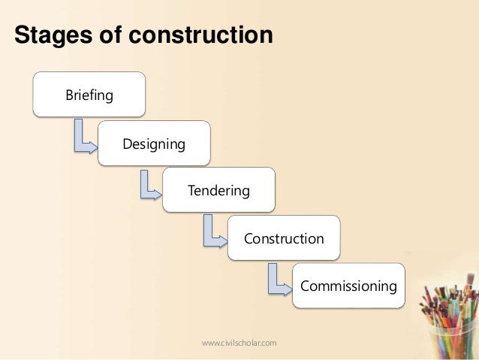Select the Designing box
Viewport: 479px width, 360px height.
tap(154, 143)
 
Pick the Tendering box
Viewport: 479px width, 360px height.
tap(218, 190)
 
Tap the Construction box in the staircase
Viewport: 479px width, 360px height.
tap(284, 238)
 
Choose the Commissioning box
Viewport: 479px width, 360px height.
tap(348, 286)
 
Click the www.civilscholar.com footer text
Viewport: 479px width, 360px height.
tap(239, 343)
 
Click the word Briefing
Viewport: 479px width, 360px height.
tap(89, 95)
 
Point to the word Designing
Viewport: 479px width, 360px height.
tap(154, 144)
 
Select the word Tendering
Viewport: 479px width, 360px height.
tap(218, 191)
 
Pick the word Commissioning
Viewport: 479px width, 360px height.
tap(348, 286)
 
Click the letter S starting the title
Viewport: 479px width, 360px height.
tap(23, 35)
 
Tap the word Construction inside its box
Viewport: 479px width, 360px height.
tap(284, 239)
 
